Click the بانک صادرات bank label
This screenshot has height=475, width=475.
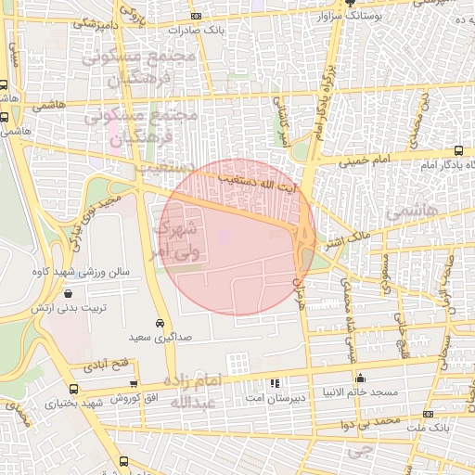tap(227, 29)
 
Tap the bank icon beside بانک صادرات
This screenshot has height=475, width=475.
tap(195, 16)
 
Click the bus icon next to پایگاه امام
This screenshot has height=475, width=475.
tap(459, 150)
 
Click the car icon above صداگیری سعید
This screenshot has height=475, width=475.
tap(160, 322)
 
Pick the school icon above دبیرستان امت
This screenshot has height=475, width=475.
tap(274, 383)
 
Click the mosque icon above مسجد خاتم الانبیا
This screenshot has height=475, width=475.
tap(361, 378)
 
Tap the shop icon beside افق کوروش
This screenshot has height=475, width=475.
tap(134, 384)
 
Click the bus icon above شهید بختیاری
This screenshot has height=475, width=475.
tap(74, 390)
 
